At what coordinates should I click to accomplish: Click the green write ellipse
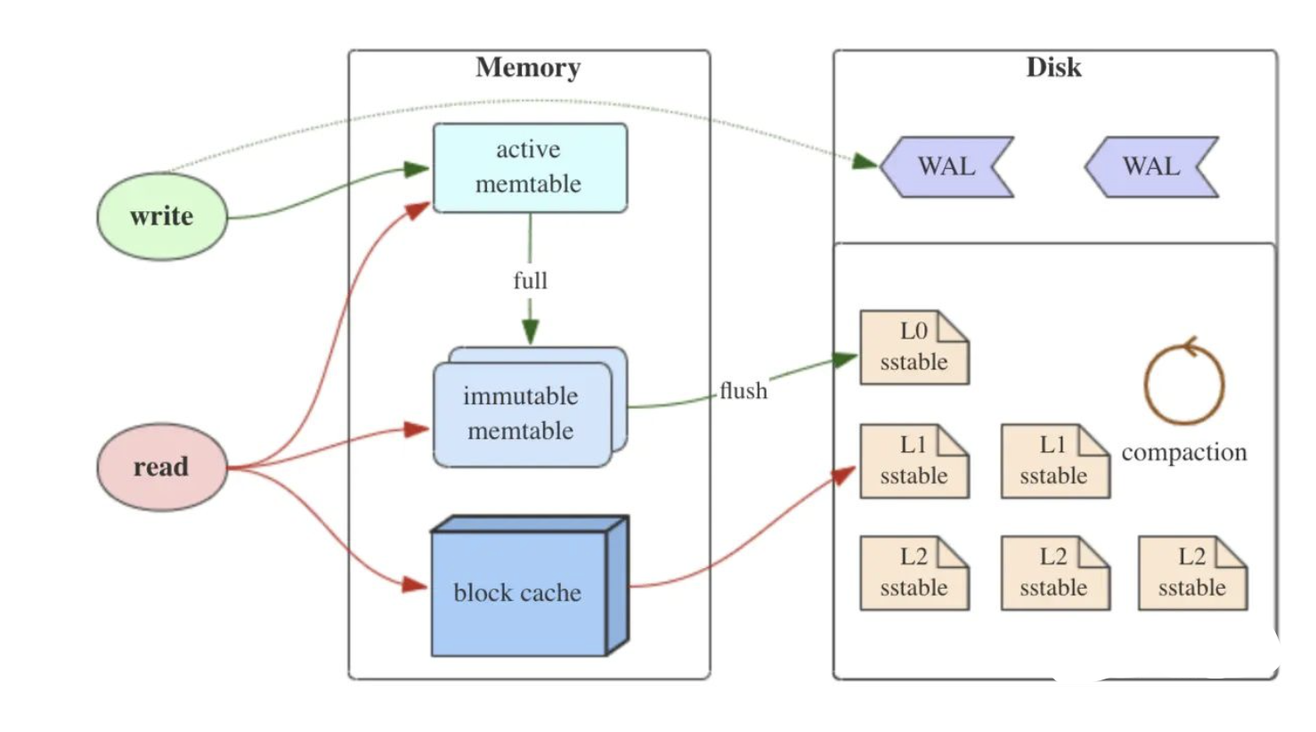pos(161,216)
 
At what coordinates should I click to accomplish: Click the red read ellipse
pos(161,467)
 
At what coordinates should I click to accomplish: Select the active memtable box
pos(529,167)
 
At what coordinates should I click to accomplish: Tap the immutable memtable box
pos(522,414)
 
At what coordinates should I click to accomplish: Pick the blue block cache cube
pos(519,592)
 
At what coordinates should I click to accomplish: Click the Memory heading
pos(528,68)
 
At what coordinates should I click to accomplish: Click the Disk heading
pos(1053,68)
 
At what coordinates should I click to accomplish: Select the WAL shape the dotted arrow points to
pos(946,167)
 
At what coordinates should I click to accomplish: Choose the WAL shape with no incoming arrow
pos(1151,167)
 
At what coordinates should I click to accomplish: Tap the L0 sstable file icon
pos(914,347)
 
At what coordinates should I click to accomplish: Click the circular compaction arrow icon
pos(1184,383)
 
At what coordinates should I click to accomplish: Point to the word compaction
pos(1184,452)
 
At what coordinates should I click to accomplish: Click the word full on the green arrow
pos(530,281)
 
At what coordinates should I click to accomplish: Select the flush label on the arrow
pos(743,391)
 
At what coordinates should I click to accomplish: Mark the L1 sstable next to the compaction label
pos(1054,461)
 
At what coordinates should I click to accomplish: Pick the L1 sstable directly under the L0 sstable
pos(914,461)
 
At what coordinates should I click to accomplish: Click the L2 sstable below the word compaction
pos(1192,573)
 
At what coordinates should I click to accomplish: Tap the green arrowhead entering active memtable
pos(417,169)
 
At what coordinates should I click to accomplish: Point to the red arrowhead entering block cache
pos(415,585)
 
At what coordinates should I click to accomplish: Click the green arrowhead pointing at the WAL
pos(865,161)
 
